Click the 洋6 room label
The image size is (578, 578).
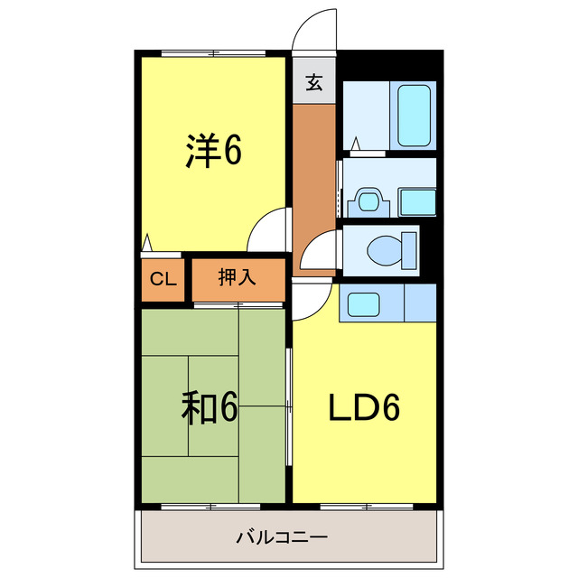[214, 152]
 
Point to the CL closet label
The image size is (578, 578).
[163, 278]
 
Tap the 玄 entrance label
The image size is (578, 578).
[313, 83]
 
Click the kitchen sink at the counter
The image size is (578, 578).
[364, 303]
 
